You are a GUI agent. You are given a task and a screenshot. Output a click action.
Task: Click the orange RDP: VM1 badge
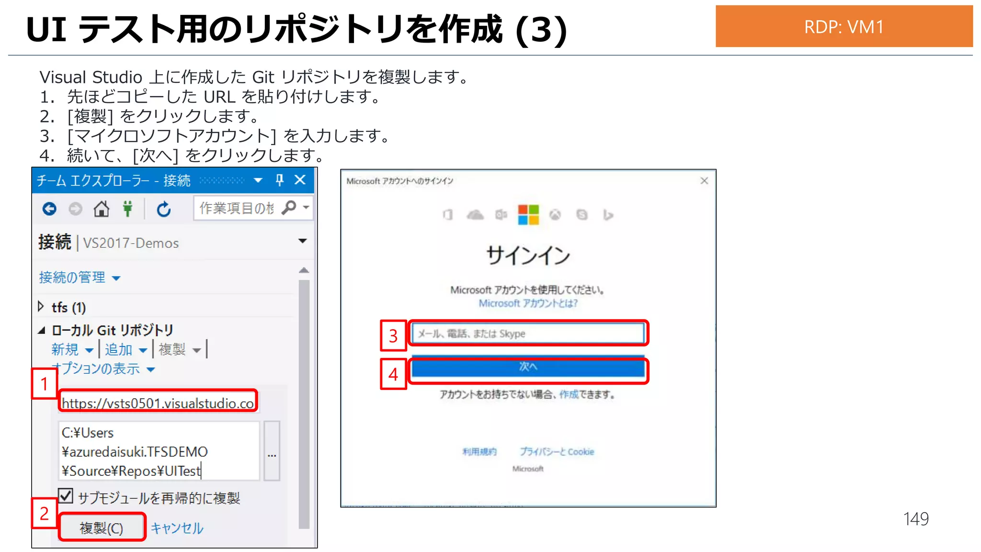point(844,26)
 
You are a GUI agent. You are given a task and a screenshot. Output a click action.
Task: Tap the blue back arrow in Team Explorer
point(49,209)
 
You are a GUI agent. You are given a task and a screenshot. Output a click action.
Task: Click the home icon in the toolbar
point(101,209)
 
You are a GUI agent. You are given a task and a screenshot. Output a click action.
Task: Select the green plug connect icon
point(127,209)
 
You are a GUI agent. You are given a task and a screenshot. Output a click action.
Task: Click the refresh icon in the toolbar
point(164,209)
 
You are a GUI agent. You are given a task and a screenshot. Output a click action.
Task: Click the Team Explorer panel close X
point(300,180)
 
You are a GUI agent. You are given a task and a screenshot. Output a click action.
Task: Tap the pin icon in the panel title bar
point(280,180)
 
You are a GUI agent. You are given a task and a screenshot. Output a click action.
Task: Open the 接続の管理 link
point(72,277)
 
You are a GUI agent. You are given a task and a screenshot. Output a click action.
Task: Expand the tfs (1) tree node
point(41,307)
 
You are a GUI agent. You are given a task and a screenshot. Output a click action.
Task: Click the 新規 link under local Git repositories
point(65,349)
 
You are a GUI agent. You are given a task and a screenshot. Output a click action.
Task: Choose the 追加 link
point(119,349)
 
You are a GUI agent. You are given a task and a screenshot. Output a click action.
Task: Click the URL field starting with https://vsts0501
point(158,402)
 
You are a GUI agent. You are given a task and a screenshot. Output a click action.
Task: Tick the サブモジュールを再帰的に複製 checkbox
point(66,496)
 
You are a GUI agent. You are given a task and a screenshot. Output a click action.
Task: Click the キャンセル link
point(177,528)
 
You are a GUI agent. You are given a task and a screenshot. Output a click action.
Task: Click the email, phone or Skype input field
point(528,333)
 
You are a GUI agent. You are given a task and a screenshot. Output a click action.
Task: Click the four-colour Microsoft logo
point(528,215)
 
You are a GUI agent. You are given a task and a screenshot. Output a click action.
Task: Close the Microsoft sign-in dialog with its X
point(704,181)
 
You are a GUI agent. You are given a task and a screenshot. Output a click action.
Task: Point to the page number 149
point(915,519)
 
